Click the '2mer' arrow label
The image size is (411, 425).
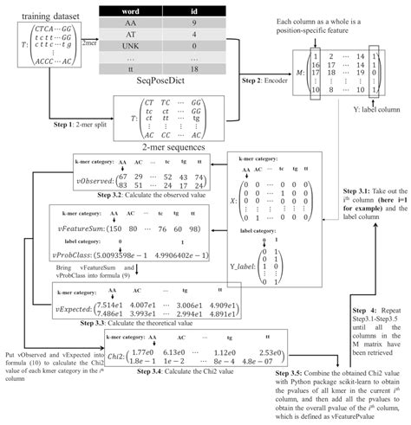pyautogui.click(x=88, y=42)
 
